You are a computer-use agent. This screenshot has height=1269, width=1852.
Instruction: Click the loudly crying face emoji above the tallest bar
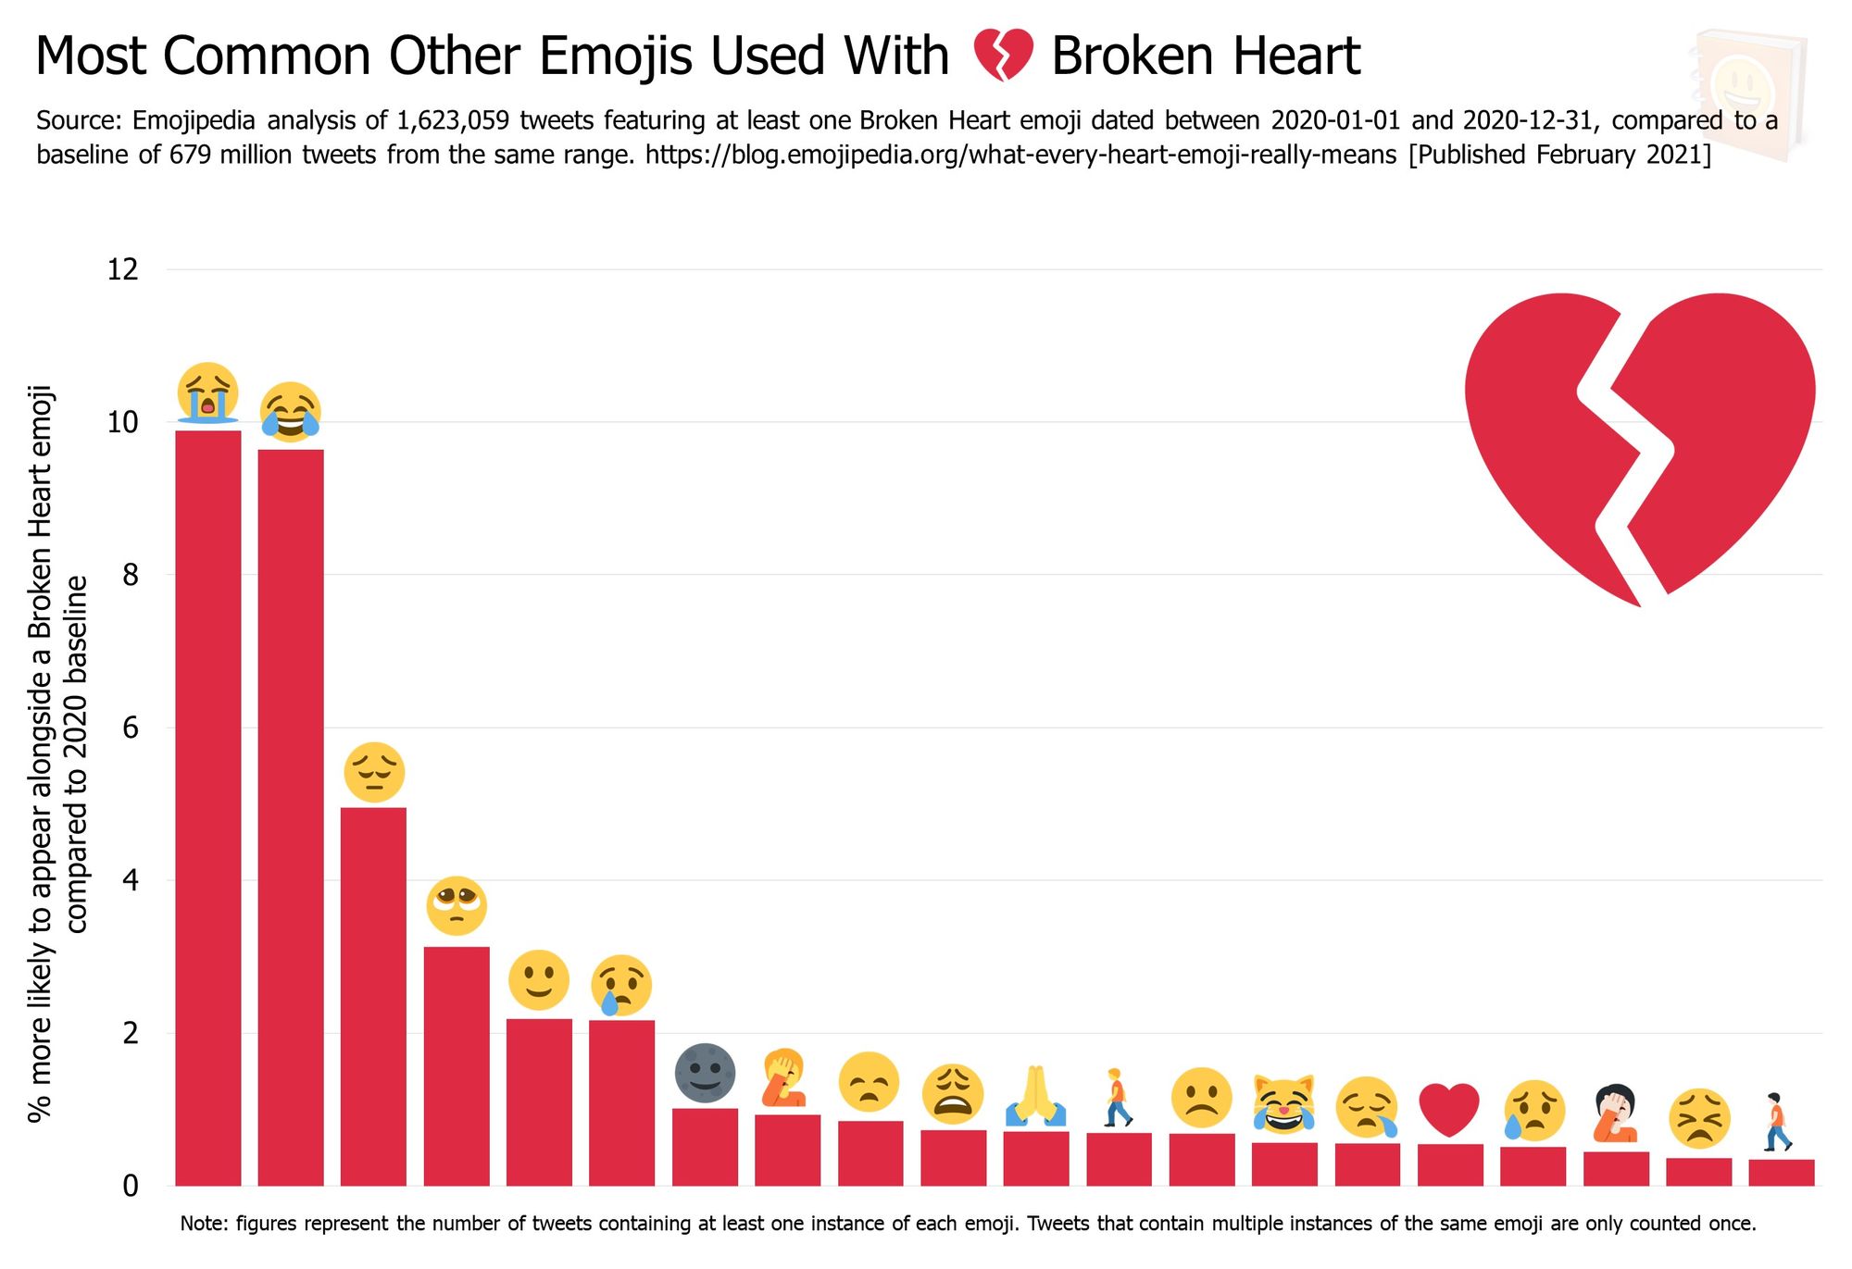pyautogui.click(x=207, y=393)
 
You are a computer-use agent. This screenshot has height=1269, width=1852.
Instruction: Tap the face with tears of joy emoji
pyautogui.click(x=290, y=412)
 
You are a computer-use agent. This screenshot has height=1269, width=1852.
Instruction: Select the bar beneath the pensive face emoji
pyautogui.click(x=373, y=995)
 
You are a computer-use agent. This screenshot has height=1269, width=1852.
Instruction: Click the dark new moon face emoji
pyautogui.click(x=705, y=1074)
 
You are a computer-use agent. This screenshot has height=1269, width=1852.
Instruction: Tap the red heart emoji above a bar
pyautogui.click(x=1450, y=1109)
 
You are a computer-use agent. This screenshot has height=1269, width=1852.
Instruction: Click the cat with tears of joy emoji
pyautogui.click(x=1283, y=1103)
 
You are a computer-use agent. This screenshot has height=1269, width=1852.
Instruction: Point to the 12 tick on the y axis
pyautogui.click(x=122, y=269)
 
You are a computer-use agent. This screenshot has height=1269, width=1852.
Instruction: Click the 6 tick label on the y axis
pyautogui.click(x=130, y=728)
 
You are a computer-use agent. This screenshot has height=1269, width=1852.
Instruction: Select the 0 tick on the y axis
pyautogui.click(x=130, y=1186)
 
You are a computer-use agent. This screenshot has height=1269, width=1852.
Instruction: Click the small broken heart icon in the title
pyautogui.click(x=1003, y=56)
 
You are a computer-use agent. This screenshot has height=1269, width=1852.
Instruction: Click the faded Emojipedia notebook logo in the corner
pyautogui.click(x=1748, y=93)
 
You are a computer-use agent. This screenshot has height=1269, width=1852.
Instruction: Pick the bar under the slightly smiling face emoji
pyautogui.click(x=539, y=1101)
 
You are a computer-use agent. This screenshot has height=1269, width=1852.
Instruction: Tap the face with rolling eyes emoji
pyautogui.click(x=457, y=905)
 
